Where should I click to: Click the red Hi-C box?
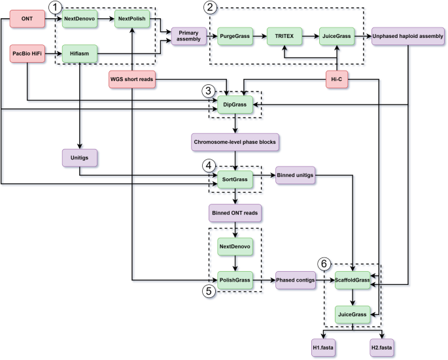point(336,80)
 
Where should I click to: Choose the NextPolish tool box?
point(131,20)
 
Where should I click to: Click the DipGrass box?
point(235,105)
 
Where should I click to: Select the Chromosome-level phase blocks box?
point(235,140)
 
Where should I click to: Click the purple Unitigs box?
point(80,157)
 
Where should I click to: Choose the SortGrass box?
point(235,176)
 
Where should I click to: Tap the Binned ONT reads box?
point(235,212)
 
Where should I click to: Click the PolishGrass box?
point(235,280)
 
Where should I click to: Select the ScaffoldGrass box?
point(353,280)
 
